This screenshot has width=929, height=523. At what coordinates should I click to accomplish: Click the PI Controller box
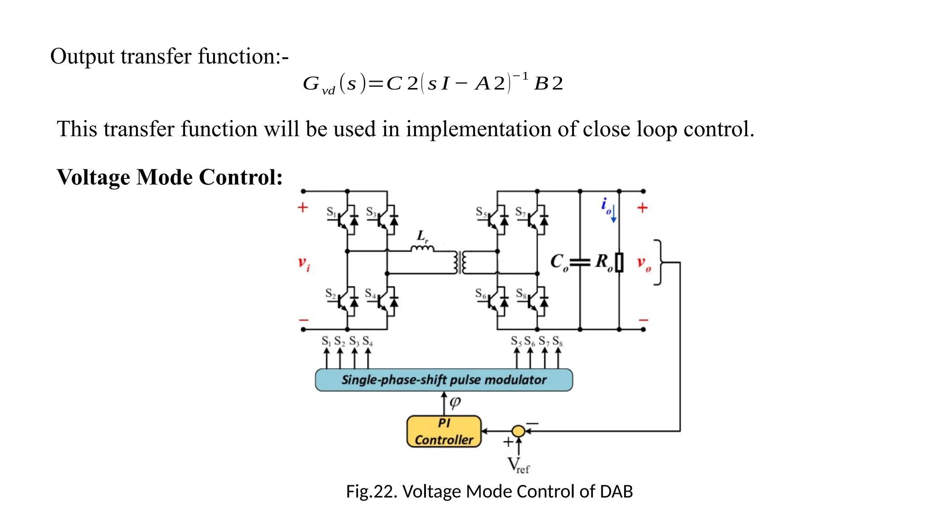pyautogui.click(x=444, y=431)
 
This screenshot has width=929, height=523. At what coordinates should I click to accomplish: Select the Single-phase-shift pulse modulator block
pyautogui.click(x=444, y=380)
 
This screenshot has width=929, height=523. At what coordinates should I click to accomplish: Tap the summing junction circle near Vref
pyautogui.click(x=518, y=431)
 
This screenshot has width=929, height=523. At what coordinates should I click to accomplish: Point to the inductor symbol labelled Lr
pyautogui.click(x=422, y=248)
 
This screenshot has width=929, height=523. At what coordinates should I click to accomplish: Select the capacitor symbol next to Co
pyautogui.click(x=580, y=262)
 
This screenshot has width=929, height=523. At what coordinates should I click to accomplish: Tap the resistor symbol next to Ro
pyautogui.click(x=619, y=262)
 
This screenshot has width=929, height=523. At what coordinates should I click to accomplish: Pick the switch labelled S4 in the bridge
pyautogui.click(x=386, y=301)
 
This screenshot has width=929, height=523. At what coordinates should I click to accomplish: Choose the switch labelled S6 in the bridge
pyautogui.click(x=496, y=301)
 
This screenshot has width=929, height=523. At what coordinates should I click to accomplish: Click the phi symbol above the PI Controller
pyautogui.click(x=455, y=402)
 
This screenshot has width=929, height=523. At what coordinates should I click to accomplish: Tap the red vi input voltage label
pyautogui.click(x=303, y=263)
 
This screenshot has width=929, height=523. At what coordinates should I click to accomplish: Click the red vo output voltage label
pyautogui.click(x=644, y=263)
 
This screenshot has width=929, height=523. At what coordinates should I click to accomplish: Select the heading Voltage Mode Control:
pyautogui.click(x=170, y=177)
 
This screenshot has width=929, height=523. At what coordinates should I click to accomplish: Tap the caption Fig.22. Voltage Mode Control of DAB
pyautogui.click(x=489, y=491)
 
